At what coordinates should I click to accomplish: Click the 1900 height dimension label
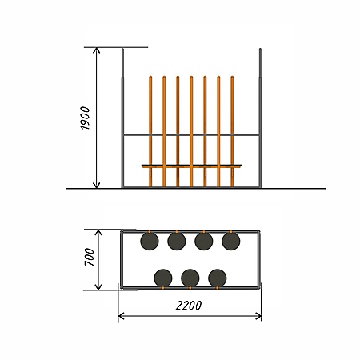coord(85,118)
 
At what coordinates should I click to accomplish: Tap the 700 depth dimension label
coord(90,257)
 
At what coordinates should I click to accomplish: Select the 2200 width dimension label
coord(189,306)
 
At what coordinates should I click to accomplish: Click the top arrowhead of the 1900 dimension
coord(97,50)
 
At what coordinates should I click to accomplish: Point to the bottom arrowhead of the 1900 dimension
coord(97,185)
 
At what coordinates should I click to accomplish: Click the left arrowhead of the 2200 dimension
coord(122,316)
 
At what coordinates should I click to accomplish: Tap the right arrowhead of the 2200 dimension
coord(258,316)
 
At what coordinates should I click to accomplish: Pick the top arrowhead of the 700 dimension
coord(98,233)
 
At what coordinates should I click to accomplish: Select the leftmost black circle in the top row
coord(150,241)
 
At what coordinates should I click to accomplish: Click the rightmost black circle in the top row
coord(231,241)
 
